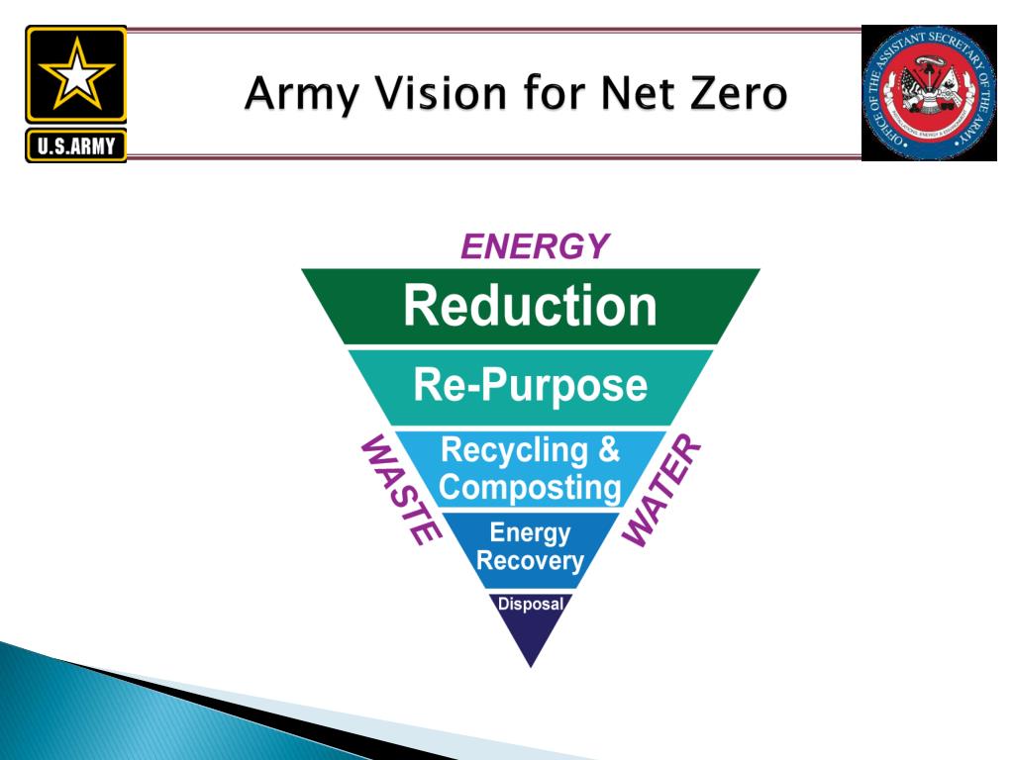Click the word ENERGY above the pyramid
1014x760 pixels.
point(535,246)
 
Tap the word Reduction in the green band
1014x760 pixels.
point(530,306)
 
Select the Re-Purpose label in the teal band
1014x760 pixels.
point(530,385)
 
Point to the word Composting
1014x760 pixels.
point(530,487)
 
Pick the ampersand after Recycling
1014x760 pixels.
point(608,449)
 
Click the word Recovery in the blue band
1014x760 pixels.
point(530,562)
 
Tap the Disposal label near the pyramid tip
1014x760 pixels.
point(530,604)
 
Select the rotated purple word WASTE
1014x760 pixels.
point(399,490)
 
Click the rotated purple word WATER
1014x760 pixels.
point(661,490)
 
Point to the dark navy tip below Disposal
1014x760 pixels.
point(531,638)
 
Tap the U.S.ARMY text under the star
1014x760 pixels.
point(76,147)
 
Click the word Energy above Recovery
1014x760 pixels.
point(530,533)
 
